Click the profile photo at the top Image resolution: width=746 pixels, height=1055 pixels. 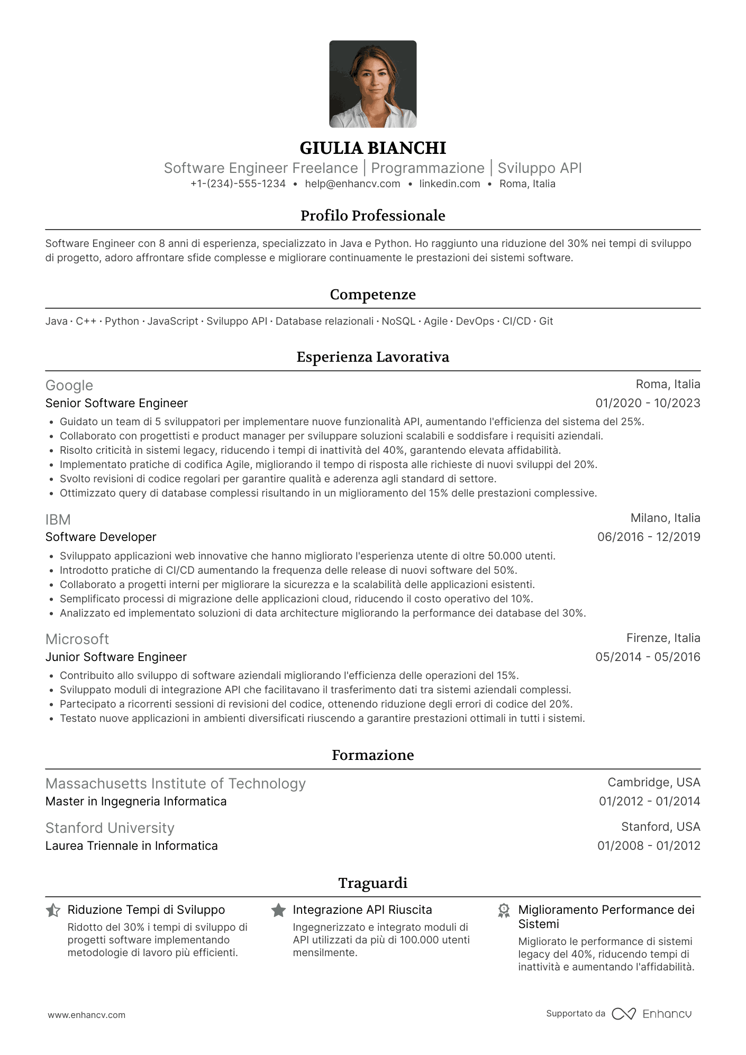coord(372,84)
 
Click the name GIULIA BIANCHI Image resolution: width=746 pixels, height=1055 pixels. coord(372,148)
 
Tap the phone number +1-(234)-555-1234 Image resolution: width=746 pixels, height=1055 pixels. coord(238,184)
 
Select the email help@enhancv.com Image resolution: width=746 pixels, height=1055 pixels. coord(352,184)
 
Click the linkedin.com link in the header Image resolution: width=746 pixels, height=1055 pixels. coord(449,184)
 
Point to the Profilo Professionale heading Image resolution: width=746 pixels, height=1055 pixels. coord(372,216)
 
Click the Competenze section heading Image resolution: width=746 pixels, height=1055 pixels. coord(372,295)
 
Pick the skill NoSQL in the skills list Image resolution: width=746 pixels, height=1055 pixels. coord(398,322)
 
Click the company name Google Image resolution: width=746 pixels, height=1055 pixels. coord(69,386)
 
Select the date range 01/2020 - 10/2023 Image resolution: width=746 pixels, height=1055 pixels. coord(648,403)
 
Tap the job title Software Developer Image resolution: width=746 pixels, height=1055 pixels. coord(101,537)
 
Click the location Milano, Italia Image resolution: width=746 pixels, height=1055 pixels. coord(665,518)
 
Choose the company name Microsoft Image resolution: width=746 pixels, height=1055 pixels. coord(77,639)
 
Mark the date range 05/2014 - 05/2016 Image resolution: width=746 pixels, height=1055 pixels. coord(648,657)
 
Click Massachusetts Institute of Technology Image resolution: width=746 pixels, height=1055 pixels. coord(176,784)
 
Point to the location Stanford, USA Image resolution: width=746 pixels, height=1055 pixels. coord(660,827)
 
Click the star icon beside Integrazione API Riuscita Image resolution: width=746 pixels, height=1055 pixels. coord(278,911)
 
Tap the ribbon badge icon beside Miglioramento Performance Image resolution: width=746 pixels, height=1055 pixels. coord(504,911)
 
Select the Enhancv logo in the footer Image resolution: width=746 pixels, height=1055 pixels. coord(652,1014)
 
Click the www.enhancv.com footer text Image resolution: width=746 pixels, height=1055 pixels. coord(87,1015)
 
